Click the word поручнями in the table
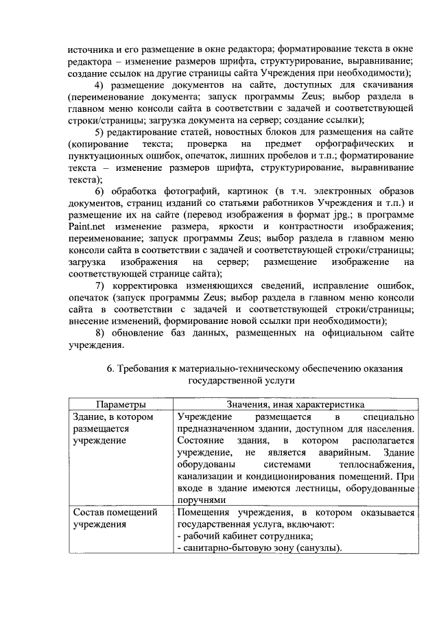point(200,500)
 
